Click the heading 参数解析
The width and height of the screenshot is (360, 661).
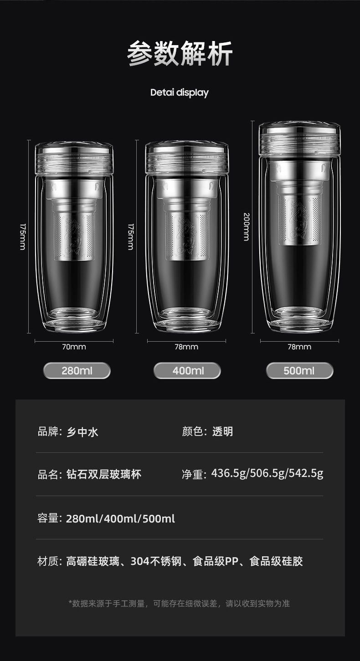pyautogui.click(x=180, y=53)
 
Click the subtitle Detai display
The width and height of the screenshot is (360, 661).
pyautogui.click(x=180, y=92)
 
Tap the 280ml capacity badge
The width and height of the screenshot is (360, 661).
pyautogui.click(x=77, y=371)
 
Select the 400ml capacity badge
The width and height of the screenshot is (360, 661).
pyautogui.click(x=187, y=371)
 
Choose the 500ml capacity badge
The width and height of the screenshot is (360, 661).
pyautogui.click(x=299, y=371)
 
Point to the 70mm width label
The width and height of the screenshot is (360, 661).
pyautogui.click(x=74, y=347)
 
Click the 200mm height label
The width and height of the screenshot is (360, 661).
pyautogui.click(x=247, y=227)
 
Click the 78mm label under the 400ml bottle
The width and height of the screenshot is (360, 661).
pyautogui.click(x=186, y=347)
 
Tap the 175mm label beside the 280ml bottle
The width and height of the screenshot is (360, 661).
pyautogui.click(x=23, y=237)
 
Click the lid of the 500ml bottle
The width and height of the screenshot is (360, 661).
pyautogui.click(x=299, y=139)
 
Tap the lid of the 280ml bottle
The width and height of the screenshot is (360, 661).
pyautogui.click(x=74, y=159)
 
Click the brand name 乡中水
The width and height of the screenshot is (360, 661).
pyautogui.click(x=82, y=432)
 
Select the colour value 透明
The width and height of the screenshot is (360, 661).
pyautogui.click(x=222, y=431)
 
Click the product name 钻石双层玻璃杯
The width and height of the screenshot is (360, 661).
pyautogui.click(x=103, y=474)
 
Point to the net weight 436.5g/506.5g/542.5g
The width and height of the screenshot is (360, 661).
pyautogui.click(x=267, y=473)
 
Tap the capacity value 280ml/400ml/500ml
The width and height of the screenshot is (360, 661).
pyautogui.click(x=120, y=518)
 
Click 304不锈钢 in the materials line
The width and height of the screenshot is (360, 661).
pyautogui.click(x=156, y=561)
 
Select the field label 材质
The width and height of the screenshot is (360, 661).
pyautogui.click(x=47, y=561)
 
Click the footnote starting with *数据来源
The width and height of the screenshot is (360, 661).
pyautogui.click(x=179, y=604)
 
